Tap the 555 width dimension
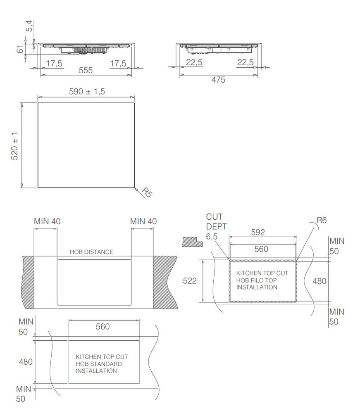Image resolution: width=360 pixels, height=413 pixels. coord(86,70)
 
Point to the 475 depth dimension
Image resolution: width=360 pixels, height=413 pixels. coord(218,80)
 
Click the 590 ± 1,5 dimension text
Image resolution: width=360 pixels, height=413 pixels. coord(87,92)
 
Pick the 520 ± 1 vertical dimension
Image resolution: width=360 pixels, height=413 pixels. coord(14,146)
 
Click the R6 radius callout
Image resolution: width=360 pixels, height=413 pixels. coord(322,221)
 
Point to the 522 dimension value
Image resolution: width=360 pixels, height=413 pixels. coord(190,281)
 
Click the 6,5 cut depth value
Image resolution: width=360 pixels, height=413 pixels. coord(212,236)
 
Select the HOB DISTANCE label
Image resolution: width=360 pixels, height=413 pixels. coord(91,252)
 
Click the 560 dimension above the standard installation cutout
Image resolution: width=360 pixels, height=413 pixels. coord(103,326)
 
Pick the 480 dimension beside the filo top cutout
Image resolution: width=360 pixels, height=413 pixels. coord(319,281)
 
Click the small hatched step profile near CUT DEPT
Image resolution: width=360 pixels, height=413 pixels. coord(192,241)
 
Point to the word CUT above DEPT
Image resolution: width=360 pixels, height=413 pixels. coord(215,217)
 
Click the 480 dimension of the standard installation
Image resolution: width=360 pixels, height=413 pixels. coord(26,361)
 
